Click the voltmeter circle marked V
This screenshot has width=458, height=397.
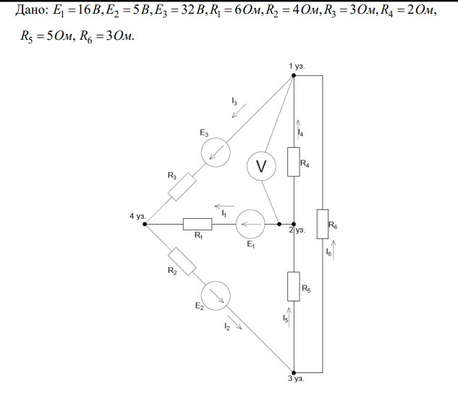coord(262,167)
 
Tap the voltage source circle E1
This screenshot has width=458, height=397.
coord(252,224)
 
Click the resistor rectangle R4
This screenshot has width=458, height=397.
coord(294,162)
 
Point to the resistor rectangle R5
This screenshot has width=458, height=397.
coord(294,285)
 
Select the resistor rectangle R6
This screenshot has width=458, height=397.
coord(321,227)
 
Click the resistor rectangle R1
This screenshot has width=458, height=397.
coord(197,224)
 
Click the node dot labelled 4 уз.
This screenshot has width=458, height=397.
coord(145,224)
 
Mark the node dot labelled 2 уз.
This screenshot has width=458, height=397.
coord(294,224)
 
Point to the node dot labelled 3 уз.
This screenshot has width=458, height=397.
coord(294,369)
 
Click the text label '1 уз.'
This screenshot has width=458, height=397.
coord(297,66)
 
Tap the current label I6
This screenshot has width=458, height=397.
coord(328,252)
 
